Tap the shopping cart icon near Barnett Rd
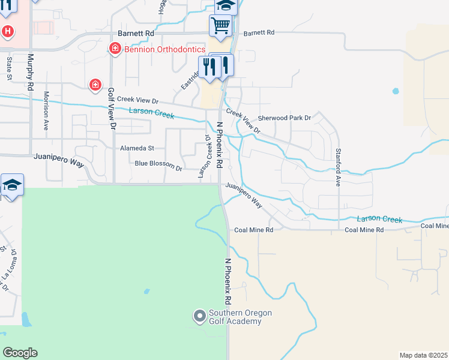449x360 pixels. pyautogui.click(x=220, y=26)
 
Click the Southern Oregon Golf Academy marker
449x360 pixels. pyautogui.click(x=200, y=316)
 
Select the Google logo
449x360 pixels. pyautogui.click(x=20, y=353)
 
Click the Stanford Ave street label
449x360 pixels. pyautogui.click(x=338, y=167)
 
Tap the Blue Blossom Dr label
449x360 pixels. pyautogui.click(x=158, y=164)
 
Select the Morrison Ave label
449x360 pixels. pyautogui.click(x=46, y=111)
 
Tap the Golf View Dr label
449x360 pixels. pyautogui.click(x=110, y=109)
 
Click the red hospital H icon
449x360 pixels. pyautogui.click(x=7, y=31)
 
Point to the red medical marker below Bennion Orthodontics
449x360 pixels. pyautogui.click(x=95, y=85)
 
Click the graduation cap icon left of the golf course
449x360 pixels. pyautogui.click(x=12, y=184)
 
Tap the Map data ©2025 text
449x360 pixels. pyautogui.click(x=424, y=355)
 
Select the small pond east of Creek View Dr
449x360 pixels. pyautogui.click(x=395, y=92)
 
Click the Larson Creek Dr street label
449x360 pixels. pyautogui.click(x=205, y=155)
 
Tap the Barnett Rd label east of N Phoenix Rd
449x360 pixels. pyautogui.click(x=259, y=32)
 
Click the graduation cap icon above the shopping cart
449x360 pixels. pyautogui.click(x=226, y=5)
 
